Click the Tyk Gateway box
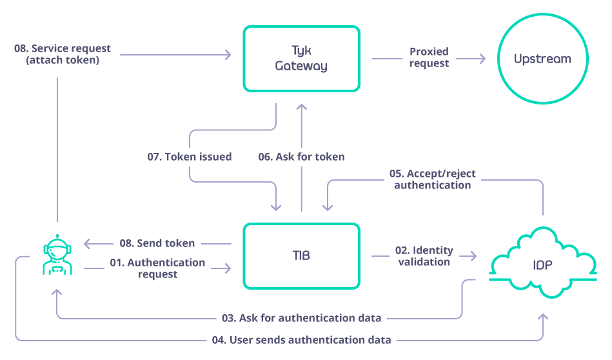click(x=301, y=58)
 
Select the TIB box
click(x=301, y=255)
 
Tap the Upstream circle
click(x=542, y=59)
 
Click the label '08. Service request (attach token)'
click(x=62, y=54)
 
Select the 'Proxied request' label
click(x=429, y=57)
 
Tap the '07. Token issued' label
click(x=189, y=157)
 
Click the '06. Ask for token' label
click(x=301, y=157)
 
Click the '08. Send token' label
click(x=157, y=243)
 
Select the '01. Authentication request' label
click(x=157, y=268)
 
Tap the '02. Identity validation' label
click(x=424, y=256)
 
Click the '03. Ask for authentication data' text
click(x=301, y=318)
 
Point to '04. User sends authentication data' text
click(x=301, y=340)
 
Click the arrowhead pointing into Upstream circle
click(x=480, y=59)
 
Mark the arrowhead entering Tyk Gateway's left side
click(x=226, y=55)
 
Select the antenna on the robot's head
click(x=57, y=236)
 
